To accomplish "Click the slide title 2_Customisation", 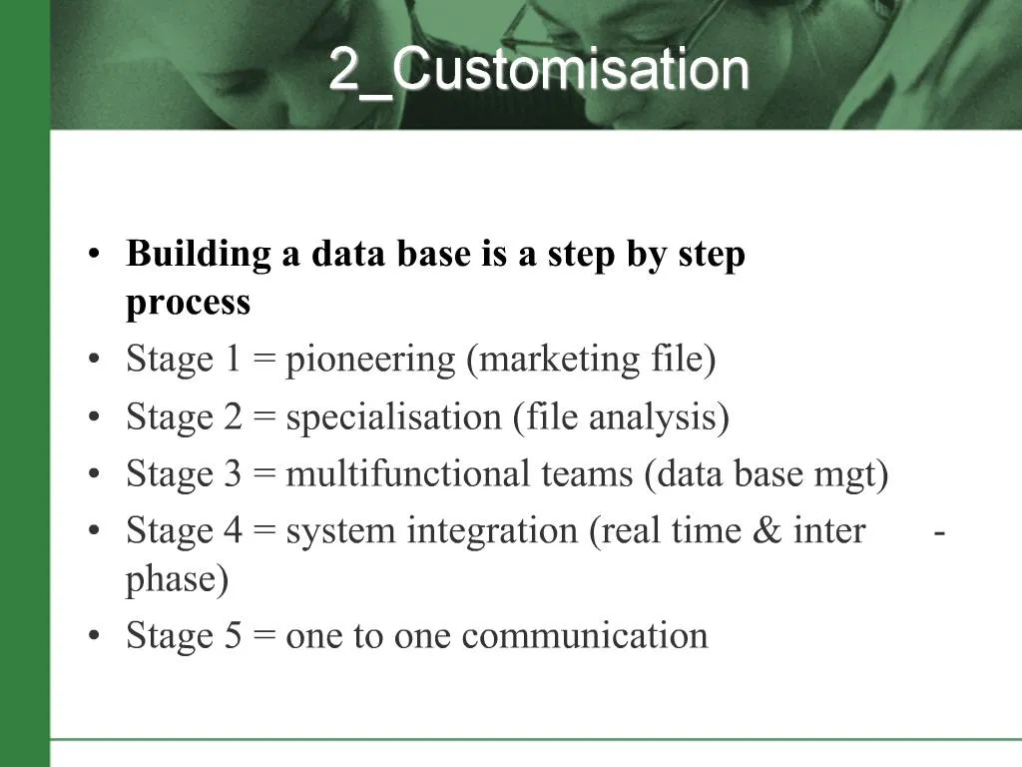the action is (x=539, y=70).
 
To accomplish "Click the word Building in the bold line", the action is (x=199, y=255).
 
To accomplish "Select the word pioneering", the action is (x=370, y=361).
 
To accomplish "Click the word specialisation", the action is (x=393, y=418).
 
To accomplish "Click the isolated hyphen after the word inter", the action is (x=939, y=533).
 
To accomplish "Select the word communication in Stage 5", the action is (x=585, y=635).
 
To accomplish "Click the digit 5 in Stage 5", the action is (x=234, y=636).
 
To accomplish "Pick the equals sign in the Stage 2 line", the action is (x=263, y=417).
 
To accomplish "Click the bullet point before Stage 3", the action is (x=95, y=474).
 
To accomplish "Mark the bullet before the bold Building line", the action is (x=95, y=255).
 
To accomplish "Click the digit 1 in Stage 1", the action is (x=233, y=360).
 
